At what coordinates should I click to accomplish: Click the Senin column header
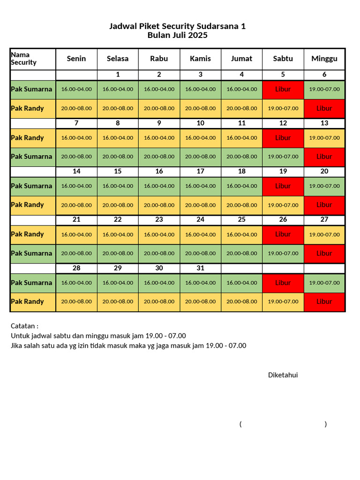tap(76, 59)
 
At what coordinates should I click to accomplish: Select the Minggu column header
tap(324, 59)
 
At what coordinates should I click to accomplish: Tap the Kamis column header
tap(200, 59)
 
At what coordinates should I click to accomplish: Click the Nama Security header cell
tap(23, 59)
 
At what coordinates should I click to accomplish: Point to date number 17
tap(200, 172)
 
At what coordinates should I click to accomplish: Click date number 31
tap(200, 268)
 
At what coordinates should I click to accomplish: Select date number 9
tap(159, 123)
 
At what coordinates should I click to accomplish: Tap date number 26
tap(283, 219)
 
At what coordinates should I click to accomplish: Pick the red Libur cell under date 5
tap(283, 89)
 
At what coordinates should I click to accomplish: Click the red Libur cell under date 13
tap(324, 157)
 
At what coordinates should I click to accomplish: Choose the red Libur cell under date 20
tap(324, 205)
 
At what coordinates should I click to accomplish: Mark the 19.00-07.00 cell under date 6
tap(324, 89)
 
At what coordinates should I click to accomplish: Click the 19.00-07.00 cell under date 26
tap(283, 254)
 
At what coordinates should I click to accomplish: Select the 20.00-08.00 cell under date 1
tap(118, 108)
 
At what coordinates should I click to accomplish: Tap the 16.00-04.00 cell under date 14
tap(76, 186)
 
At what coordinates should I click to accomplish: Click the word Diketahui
tap(283, 375)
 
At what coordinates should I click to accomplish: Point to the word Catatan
tap(23, 326)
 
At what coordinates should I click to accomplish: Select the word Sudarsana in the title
tap(216, 26)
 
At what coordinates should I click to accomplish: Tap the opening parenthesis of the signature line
tap(240, 424)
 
